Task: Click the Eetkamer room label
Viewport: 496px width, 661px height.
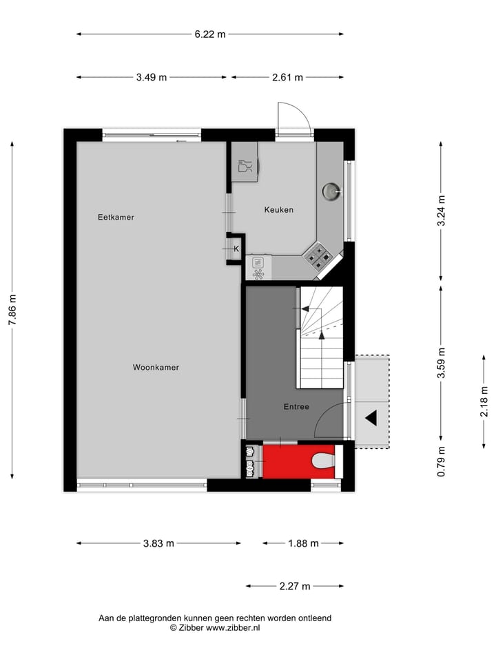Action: tap(116, 217)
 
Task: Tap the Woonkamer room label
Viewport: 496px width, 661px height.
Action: tap(156, 368)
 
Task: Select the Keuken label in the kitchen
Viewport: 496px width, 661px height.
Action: tap(279, 210)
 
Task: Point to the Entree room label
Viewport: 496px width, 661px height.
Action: tap(296, 407)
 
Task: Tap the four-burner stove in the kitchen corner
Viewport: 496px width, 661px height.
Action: tap(319, 255)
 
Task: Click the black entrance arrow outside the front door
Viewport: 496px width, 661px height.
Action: tap(371, 417)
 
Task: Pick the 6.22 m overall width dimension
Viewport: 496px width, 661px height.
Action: tap(209, 33)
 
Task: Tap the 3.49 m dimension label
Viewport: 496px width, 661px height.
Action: tap(151, 77)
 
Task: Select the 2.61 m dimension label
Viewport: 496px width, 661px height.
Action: tap(287, 77)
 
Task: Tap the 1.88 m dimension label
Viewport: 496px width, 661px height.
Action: tap(303, 543)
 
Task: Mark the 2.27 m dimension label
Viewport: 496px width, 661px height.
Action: tap(294, 586)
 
